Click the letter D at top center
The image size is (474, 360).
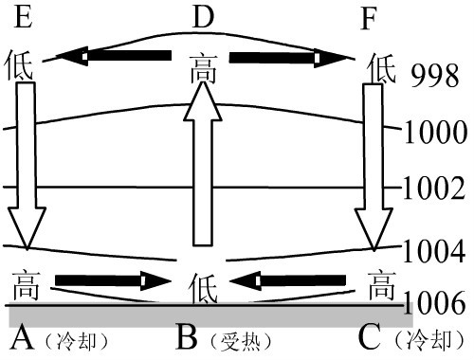pyautogui.click(x=203, y=16)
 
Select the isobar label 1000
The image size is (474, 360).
pyautogui.click(x=435, y=132)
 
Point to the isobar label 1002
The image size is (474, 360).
pyautogui.click(x=435, y=188)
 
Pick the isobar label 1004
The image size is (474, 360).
pyautogui.click(x=435, y=252)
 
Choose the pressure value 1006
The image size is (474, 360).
pyautogui.click(x=435, y=303)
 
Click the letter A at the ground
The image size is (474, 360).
pyautogui.click(x=24, y=337)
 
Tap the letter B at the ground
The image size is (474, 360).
pyautogui.click(x=190, y=337)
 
